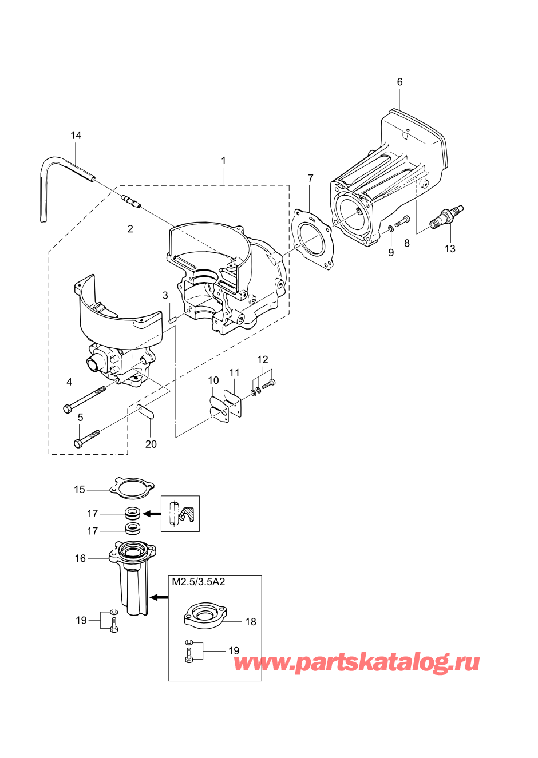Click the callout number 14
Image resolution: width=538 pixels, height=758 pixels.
pyautogui.click(x=76, y=136)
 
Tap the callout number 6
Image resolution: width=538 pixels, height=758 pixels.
pyautogui.click(x=399, y=82)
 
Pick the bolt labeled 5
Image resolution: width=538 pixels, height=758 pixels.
pyautogui.click(x=87, y=439)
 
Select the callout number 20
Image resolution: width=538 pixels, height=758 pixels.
pyautogui.click(x=151, y=444)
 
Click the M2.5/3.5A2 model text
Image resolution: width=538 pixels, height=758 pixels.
pyautogui.click(x=199, y=582)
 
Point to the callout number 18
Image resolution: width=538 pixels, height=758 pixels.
pyautogui.click(x=251, y=622)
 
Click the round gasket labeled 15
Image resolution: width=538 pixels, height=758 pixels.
pyautogui.click(x=133, y=489)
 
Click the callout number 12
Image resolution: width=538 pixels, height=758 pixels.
pyautogui.click(x=262, y=359)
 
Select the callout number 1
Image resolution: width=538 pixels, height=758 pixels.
pyautogui.click(x=223, y=161)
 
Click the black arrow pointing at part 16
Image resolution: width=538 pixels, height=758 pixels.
pyautogui.click(x=159, y=598)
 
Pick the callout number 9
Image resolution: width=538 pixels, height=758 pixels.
pyautogui.click(x=391, y=252)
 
